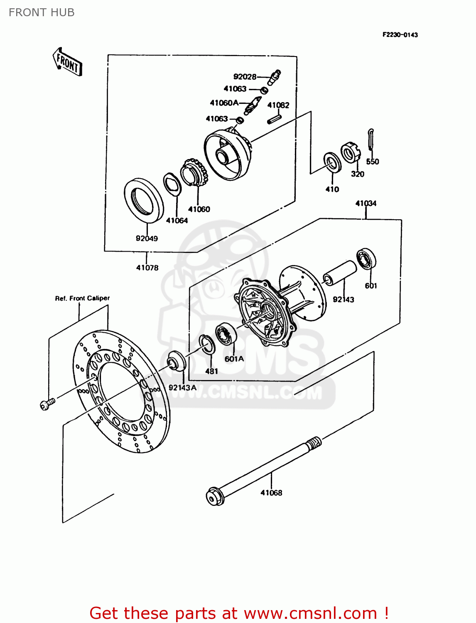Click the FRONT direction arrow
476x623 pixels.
(67, 62)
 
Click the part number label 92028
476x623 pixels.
(245, 76)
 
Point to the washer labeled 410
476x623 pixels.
(332, 162)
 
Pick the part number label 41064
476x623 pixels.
(177, 221)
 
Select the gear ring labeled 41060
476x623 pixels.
(194, 172)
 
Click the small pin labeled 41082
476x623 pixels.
(274, 119)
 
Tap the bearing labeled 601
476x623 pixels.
(367, 258)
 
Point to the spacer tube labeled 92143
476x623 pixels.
(340, 273)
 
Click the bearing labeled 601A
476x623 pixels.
(226, 334)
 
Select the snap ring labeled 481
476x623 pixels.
(206, 344)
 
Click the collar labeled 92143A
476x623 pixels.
(176, 361)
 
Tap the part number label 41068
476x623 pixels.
(271, 493)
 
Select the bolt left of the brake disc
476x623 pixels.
(47, 403)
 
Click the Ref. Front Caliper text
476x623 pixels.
(82, 298)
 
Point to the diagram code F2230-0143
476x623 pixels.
(400, 35)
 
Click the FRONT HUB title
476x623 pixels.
(42, 12)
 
